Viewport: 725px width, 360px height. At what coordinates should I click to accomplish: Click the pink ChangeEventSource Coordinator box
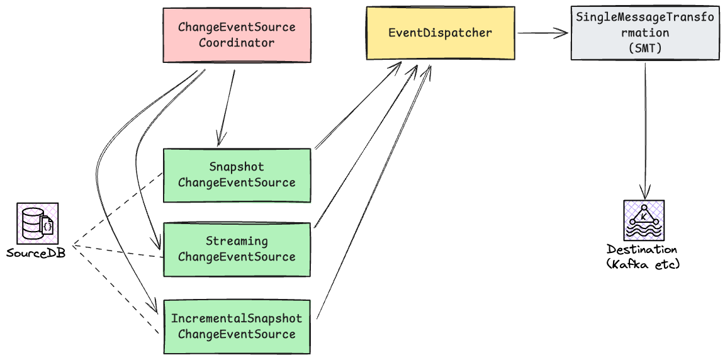[237, 35]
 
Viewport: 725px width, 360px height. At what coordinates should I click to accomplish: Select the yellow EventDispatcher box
[441, 33]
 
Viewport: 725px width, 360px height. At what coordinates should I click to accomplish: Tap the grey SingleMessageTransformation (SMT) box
[644, 33]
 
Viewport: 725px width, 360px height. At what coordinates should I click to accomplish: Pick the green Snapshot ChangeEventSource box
[237, 175]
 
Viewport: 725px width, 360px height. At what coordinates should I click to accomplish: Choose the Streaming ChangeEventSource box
[237, 249]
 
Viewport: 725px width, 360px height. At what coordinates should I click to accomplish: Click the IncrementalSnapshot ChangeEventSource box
[237, 327]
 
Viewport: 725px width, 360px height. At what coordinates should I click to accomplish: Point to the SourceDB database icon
[37, 223]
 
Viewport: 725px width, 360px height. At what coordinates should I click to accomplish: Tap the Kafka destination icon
[643, 220]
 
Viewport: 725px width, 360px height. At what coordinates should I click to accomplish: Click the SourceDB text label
[36, 253]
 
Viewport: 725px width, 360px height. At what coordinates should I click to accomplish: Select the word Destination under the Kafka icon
[642, 250]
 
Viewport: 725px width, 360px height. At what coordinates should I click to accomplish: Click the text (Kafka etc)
[643, 264]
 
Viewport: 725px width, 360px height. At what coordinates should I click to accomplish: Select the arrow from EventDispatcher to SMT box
[542, 33]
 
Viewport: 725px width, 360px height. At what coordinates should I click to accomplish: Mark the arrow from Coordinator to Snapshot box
[227, 107]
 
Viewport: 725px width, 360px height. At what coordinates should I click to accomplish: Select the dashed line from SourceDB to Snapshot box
[116, 208]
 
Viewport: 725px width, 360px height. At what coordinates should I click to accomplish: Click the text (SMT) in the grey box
[644, 47]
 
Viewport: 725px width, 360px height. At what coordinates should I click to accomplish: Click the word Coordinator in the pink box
[237, 43]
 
